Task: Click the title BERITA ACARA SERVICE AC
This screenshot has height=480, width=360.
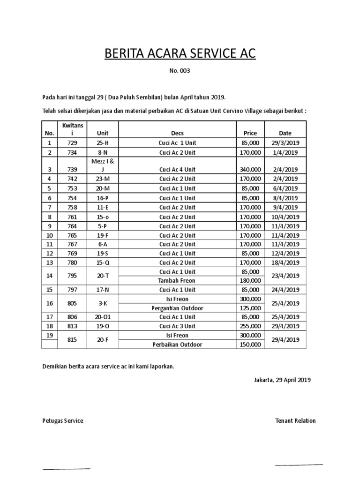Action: coord(180,54)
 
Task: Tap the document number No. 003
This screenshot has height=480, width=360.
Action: coord(180,72)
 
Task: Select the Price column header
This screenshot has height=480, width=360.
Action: coord(250,133)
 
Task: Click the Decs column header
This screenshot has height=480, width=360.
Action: coord(177,133)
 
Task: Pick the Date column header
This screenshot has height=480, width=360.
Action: coord(285,133)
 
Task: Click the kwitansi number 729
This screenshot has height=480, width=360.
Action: coord(72,142)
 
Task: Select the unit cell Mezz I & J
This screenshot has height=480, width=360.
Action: coord(103,165)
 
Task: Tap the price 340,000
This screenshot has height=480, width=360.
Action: coord(250,169)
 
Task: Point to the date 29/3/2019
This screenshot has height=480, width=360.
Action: coord(285,142)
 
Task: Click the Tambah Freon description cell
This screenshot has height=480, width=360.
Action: coord(177,280)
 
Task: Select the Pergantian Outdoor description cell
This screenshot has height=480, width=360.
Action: coord(177,308)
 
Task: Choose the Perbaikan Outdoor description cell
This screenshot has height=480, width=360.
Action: coord(177,345)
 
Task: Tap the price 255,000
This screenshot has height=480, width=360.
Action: coord(250,326)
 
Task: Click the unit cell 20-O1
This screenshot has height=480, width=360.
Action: coord(103,317)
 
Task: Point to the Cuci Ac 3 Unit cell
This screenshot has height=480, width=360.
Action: coord(177,326)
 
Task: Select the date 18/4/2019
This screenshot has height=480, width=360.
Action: coord(285,262)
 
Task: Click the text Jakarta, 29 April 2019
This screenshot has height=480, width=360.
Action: coord(279,380)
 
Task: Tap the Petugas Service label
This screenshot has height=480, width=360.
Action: coord(63,420)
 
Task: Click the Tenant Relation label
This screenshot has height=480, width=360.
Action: coord(295,420)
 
